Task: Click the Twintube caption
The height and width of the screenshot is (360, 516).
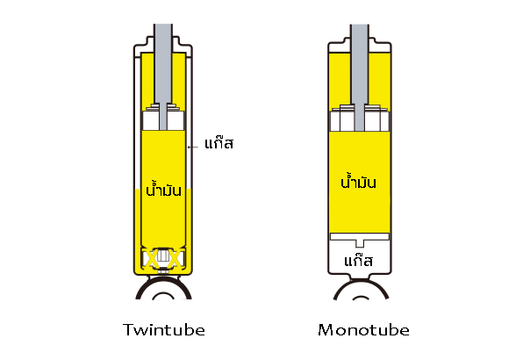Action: point(164,329)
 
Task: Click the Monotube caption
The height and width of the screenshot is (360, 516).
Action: point(363,329)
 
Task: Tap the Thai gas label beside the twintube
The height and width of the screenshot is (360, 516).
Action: point(219,143)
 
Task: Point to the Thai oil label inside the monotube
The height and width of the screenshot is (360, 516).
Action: point(358,181)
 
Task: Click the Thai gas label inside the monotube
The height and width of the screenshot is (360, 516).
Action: point(358,261)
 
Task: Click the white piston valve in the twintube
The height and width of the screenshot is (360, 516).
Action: point(163,118)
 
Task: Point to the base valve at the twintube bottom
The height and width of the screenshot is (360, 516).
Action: point(163,259)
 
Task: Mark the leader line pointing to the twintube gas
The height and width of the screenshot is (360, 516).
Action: point(193,147)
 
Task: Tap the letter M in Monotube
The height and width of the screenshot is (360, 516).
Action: point(325,329)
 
